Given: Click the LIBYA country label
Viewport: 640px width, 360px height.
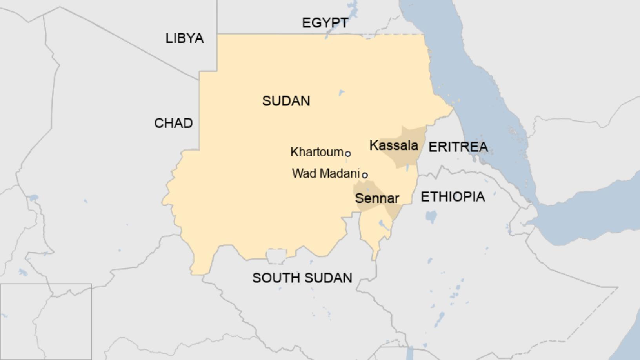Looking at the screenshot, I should coord(184,38).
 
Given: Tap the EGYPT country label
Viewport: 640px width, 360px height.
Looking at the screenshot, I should coord(325,23).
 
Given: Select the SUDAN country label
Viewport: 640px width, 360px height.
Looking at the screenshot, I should coord(286,101).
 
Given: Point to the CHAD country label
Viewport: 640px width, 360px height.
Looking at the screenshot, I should coord(173,123).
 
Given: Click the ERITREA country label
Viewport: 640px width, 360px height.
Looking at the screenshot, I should coord(458,147).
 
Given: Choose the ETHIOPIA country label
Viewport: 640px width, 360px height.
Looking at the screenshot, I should coord(453,196).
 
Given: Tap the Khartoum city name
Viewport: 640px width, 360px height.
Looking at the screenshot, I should coord(316,152).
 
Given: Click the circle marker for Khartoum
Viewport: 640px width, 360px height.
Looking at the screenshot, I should coord(348,154).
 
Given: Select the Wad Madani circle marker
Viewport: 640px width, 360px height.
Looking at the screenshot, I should coord(365,175).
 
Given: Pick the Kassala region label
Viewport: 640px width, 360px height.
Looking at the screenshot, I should coord(393,145).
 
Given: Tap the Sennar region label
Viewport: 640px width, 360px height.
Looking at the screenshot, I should coord(377,198).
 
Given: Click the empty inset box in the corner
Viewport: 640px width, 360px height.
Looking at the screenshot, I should coord(46,322).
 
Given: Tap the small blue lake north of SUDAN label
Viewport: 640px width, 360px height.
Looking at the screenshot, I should coord(341,93).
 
